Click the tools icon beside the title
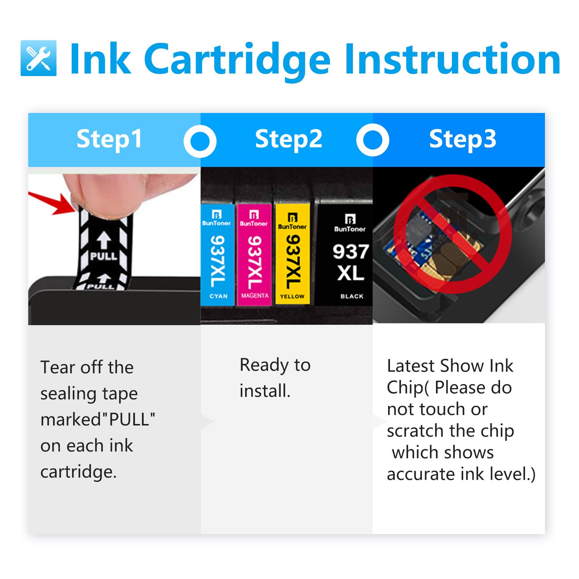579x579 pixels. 38,58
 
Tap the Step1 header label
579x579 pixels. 109,139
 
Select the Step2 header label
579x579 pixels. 288,139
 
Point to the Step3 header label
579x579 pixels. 462,139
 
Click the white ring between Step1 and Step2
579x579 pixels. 200,141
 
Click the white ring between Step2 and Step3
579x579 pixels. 373,140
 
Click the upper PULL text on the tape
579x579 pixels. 104,256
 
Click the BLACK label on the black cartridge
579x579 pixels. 352,296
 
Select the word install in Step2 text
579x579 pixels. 265,391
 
